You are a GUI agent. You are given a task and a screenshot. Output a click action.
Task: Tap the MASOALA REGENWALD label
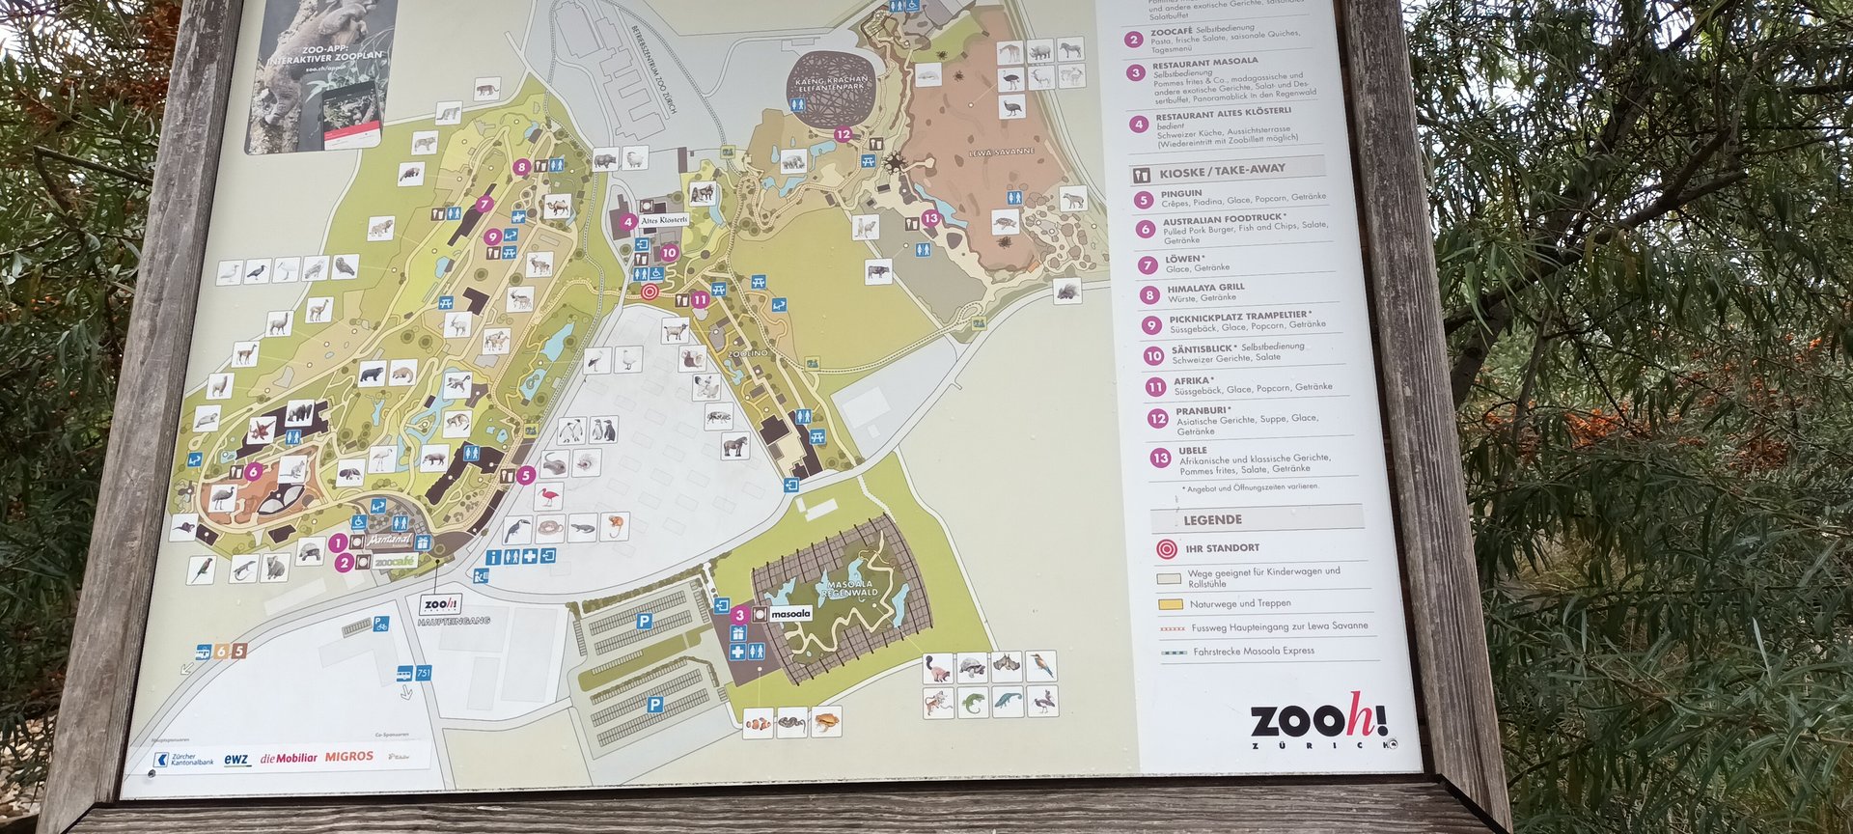[850, 589]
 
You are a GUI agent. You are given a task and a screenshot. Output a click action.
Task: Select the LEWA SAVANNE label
[1002, 153]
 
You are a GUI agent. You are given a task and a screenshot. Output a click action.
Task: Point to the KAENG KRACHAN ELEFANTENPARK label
[831, 83]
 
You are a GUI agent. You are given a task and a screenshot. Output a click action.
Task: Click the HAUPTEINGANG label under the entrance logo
[454, 621]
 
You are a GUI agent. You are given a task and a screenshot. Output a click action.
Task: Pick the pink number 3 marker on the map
[739, 615]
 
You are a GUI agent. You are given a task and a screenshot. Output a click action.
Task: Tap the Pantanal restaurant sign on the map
[389, 540]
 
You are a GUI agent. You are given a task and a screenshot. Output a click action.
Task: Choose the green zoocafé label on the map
[394, 561]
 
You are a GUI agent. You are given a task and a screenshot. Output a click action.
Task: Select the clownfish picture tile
[758, 722]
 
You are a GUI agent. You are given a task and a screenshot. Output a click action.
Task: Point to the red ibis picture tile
[549, 497]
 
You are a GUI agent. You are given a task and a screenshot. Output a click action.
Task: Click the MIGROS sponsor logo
[348, 757]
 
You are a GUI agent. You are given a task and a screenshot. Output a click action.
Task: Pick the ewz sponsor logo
[236, 760]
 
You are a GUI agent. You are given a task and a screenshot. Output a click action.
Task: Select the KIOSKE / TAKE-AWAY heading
[1222, 171]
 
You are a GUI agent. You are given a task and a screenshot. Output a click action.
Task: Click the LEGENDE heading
[1212, 519]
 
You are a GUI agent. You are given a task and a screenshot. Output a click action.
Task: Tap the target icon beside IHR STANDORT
[1166, 549]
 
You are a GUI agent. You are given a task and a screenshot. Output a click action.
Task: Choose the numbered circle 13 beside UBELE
[1160, 458]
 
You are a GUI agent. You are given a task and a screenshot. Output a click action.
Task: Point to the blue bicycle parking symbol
[382, 625]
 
